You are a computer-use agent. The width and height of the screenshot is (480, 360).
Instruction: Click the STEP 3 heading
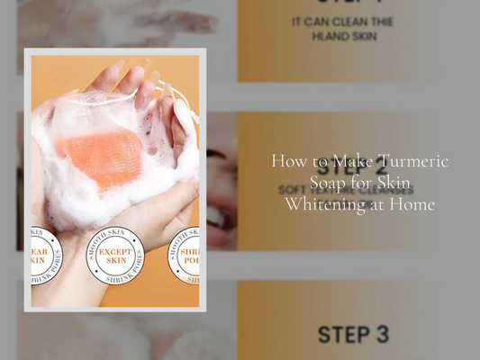click(x=352, y=335)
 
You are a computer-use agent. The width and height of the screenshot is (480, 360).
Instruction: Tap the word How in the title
click(x=289, y=160)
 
